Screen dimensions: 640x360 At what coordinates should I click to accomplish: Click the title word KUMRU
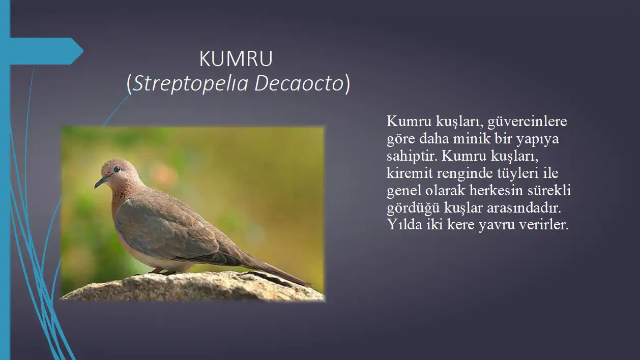coord(236,59)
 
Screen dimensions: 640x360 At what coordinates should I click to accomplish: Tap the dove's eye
coord(117,169)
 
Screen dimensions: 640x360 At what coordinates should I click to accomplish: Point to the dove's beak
coord(101,182)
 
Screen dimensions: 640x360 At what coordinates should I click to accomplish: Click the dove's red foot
coord(157,270)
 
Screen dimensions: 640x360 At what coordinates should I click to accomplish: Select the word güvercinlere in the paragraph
coord(527,122)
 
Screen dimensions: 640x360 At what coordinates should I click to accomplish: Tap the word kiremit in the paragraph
coord(410,173)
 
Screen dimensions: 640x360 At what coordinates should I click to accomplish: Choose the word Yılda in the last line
coord(404,225)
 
